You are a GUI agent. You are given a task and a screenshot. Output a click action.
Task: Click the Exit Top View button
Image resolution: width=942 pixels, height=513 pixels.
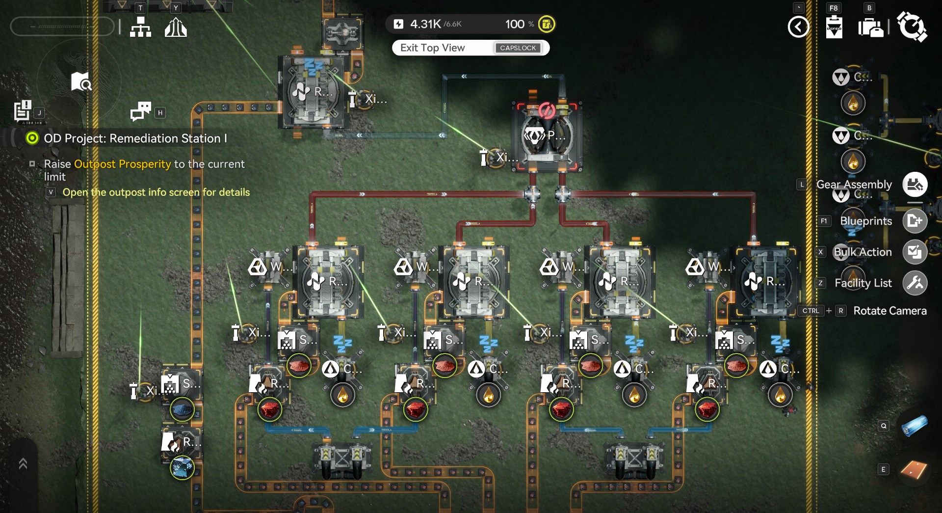432,48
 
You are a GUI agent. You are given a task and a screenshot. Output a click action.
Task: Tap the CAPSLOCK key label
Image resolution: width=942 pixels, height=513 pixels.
518,48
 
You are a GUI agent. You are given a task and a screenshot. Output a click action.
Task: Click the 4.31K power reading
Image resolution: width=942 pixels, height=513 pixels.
425,24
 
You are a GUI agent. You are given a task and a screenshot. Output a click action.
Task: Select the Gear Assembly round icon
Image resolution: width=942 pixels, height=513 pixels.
915,185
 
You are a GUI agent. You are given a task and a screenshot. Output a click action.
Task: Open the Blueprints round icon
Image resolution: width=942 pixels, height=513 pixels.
915,221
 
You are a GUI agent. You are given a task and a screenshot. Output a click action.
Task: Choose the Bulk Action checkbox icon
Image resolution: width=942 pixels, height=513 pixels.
915,252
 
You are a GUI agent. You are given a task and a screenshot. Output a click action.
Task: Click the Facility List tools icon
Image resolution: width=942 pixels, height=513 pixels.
915,283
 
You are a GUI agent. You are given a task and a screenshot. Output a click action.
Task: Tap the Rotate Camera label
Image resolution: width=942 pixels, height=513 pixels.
890,311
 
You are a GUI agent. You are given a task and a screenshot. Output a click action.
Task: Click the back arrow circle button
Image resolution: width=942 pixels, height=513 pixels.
798,27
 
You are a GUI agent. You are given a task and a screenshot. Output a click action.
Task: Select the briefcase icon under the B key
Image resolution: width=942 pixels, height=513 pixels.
870,27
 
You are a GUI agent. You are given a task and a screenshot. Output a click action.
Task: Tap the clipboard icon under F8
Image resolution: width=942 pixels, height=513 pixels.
834,27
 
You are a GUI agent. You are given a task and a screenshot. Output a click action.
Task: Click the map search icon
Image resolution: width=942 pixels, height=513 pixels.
81,82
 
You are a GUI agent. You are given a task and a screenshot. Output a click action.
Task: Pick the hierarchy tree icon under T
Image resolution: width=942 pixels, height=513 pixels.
140,27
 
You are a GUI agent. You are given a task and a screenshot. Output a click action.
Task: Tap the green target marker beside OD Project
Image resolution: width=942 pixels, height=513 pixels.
32,138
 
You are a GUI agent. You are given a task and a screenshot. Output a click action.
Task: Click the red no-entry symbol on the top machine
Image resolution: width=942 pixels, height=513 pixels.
547,110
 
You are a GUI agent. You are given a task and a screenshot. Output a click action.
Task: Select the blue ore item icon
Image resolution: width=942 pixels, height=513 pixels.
182,409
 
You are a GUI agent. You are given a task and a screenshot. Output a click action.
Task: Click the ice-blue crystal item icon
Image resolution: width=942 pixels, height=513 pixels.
182,468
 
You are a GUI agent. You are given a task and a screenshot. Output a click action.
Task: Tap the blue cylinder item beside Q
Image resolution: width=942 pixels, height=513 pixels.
914,426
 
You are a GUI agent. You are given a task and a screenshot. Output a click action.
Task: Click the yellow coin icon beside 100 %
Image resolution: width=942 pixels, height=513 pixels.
547,24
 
